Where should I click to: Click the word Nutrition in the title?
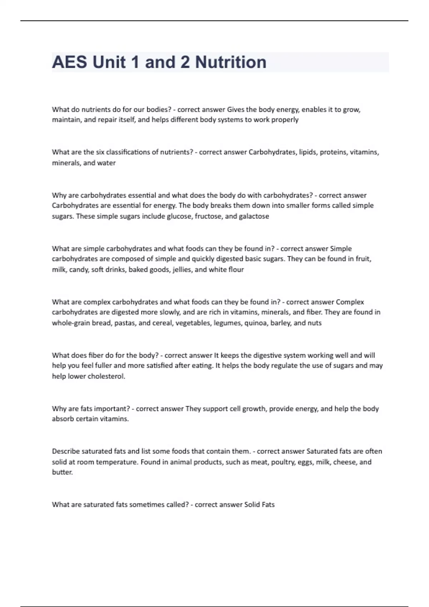tap(231, 62)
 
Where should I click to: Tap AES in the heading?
tap(69, 62)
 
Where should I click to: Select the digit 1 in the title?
tap(135, 62)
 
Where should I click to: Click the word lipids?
tap(307, 152)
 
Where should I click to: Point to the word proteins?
tap(333, 152)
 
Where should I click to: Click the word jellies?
tap(182, 270)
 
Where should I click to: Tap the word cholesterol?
tap(106, 376)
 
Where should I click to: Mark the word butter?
tap(62, 472)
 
